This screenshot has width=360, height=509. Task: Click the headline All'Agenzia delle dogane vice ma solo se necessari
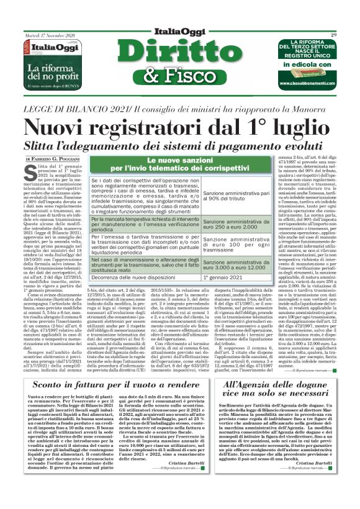click(277, 372)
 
